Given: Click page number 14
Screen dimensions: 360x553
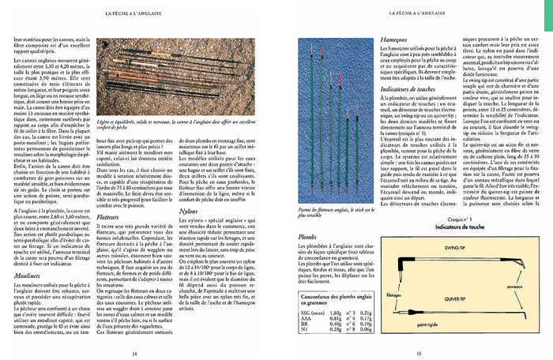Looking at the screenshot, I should coord(134,353).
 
